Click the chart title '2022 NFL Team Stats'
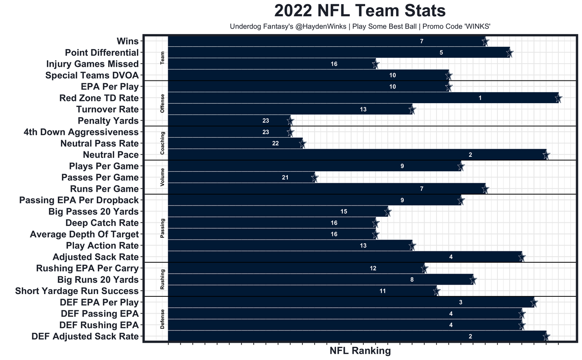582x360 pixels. (360, 11)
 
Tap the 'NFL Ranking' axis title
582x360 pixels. (360, 350)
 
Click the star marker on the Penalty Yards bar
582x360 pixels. (290, 121)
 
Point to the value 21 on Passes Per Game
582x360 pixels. (285, 178)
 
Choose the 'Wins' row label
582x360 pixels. (127, 41)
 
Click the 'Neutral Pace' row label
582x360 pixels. (110, 155)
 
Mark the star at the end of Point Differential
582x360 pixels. (510, 53)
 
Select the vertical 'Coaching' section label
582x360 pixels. (163, 143)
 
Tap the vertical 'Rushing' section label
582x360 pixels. (163, 280)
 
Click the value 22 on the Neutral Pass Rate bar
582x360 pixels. (276, 144)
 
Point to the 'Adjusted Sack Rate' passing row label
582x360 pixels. (95, 257)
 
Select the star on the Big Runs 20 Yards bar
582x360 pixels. (473, 280)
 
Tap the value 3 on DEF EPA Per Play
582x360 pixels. (461, 303)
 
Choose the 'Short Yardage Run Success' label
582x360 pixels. (77, 291)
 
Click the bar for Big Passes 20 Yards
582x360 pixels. (277, 212)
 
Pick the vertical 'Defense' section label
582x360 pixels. (163, 319)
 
